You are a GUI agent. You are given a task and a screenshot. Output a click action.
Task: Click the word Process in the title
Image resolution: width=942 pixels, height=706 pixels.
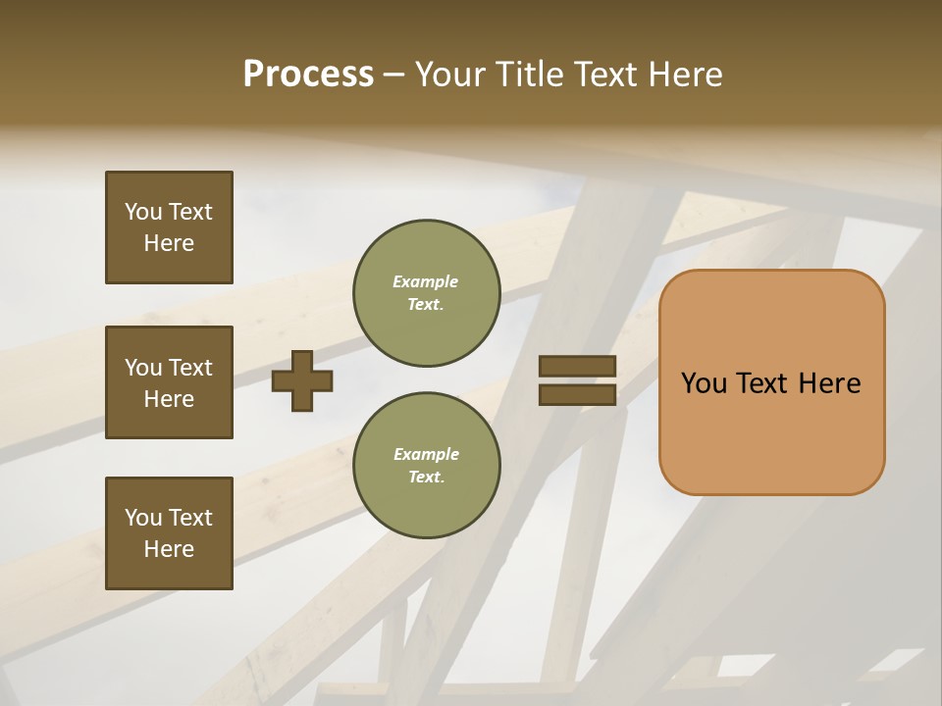pyautogui.click(x=308, y=75)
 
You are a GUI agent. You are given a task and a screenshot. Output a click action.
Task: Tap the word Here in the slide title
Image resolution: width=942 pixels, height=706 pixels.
pyautogui.click(x=686, y=75)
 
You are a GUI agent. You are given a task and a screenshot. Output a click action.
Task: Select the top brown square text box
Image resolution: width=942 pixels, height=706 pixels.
pyautogui.click(x=169, y=227)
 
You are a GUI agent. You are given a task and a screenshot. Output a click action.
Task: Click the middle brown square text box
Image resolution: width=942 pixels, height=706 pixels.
pyautogui.click(x=169, y=382)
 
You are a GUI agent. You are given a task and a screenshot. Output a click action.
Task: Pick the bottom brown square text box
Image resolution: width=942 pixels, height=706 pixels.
pyautogui.click(x=169, y=533)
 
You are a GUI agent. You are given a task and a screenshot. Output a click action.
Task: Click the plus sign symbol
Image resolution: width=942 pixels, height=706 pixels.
pyautogui.click(x=302, y=380)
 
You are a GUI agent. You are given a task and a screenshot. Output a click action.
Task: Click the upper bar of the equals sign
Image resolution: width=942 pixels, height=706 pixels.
pyautogui.click(x=578, y=367)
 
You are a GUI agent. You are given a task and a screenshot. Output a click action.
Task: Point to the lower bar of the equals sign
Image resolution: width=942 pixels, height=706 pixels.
pyautogui.click(x=578, y=395)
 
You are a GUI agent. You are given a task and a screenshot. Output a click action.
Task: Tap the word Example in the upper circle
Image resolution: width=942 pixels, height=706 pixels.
pyautogui.click(x=426, y=281)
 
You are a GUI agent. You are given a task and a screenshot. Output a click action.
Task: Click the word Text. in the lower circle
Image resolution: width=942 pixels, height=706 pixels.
pyautogui.click(x=426, y=477)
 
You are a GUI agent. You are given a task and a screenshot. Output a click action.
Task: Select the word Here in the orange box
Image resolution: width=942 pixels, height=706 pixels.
pyautogui.click(x=829, y=383)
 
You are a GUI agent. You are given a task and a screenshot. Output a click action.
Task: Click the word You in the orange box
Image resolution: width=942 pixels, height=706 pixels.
pyautogui.click(x=704, y=383)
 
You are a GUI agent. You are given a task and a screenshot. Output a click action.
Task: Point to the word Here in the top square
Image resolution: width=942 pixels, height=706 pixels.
pyautogui.click(x=169, y=243)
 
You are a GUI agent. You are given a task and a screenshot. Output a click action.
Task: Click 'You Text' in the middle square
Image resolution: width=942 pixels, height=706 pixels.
pyautogui.click(x=169, y=368)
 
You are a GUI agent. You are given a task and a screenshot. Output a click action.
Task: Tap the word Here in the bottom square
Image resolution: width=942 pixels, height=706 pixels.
pyautogui.click(x=169, y=549)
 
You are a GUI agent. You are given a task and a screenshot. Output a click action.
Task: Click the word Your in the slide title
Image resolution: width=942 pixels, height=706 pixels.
pyautogui.click(x=449, y=75)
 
